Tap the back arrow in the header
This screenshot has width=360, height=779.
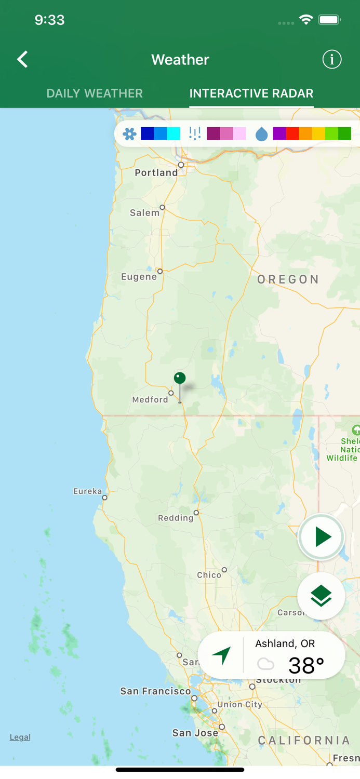pos(22,59)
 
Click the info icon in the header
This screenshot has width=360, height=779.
pos(332,59)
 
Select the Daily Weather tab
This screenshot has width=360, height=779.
pos(95,93)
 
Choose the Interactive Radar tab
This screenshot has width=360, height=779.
pos(251,93)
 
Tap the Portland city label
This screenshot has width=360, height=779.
pos(156,173)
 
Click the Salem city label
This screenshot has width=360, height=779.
pos(144,213)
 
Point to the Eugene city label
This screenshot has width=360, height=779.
pos(139,277)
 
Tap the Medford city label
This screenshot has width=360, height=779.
pos(150,400)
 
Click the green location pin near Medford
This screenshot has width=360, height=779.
pos(180,379)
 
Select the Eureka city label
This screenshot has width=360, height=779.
pos(87,491)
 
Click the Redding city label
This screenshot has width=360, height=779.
pos(176,518)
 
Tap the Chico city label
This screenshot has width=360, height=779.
pos(209,575)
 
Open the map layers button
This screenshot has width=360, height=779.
pos(321,596)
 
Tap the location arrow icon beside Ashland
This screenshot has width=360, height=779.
pos(222,655)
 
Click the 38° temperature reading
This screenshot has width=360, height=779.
pos(306,665)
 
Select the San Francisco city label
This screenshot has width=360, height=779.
pos(155,691)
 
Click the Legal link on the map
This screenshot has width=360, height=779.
pos(20,737)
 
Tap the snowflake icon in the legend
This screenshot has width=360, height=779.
pos(129,134)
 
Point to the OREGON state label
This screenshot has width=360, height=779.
pos(288,279)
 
